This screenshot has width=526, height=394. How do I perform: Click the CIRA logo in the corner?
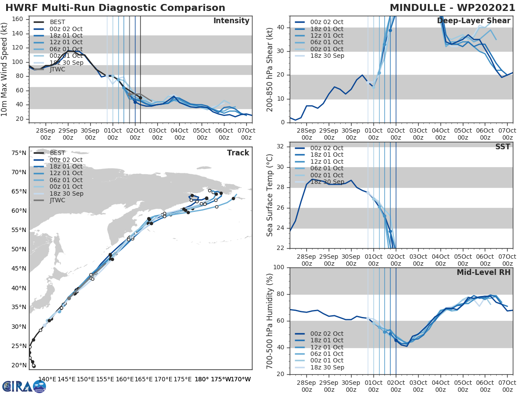coord(24,386)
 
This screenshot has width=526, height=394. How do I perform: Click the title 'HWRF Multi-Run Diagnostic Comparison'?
coord(115,8)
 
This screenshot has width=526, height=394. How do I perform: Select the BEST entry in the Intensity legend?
coord(57,22)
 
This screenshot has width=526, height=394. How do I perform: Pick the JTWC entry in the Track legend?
coord(57,200)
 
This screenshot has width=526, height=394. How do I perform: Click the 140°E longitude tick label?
coord(47,379)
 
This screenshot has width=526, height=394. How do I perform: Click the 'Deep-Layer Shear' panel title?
coord(473,21)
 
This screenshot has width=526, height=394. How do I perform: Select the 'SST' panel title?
coord(503,147)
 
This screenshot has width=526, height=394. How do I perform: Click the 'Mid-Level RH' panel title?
coord(483,272)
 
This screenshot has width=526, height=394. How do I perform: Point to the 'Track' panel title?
coord(238,153)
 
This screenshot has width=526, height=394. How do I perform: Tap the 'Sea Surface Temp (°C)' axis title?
coord(270,195)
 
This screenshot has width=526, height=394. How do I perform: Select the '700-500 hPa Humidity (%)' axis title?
coord(270,321)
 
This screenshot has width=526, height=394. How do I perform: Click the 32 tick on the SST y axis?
coord(281,146)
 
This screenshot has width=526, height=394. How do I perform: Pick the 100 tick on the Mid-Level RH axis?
coord(279,267)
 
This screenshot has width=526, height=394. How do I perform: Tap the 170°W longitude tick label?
coord(242,379)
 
